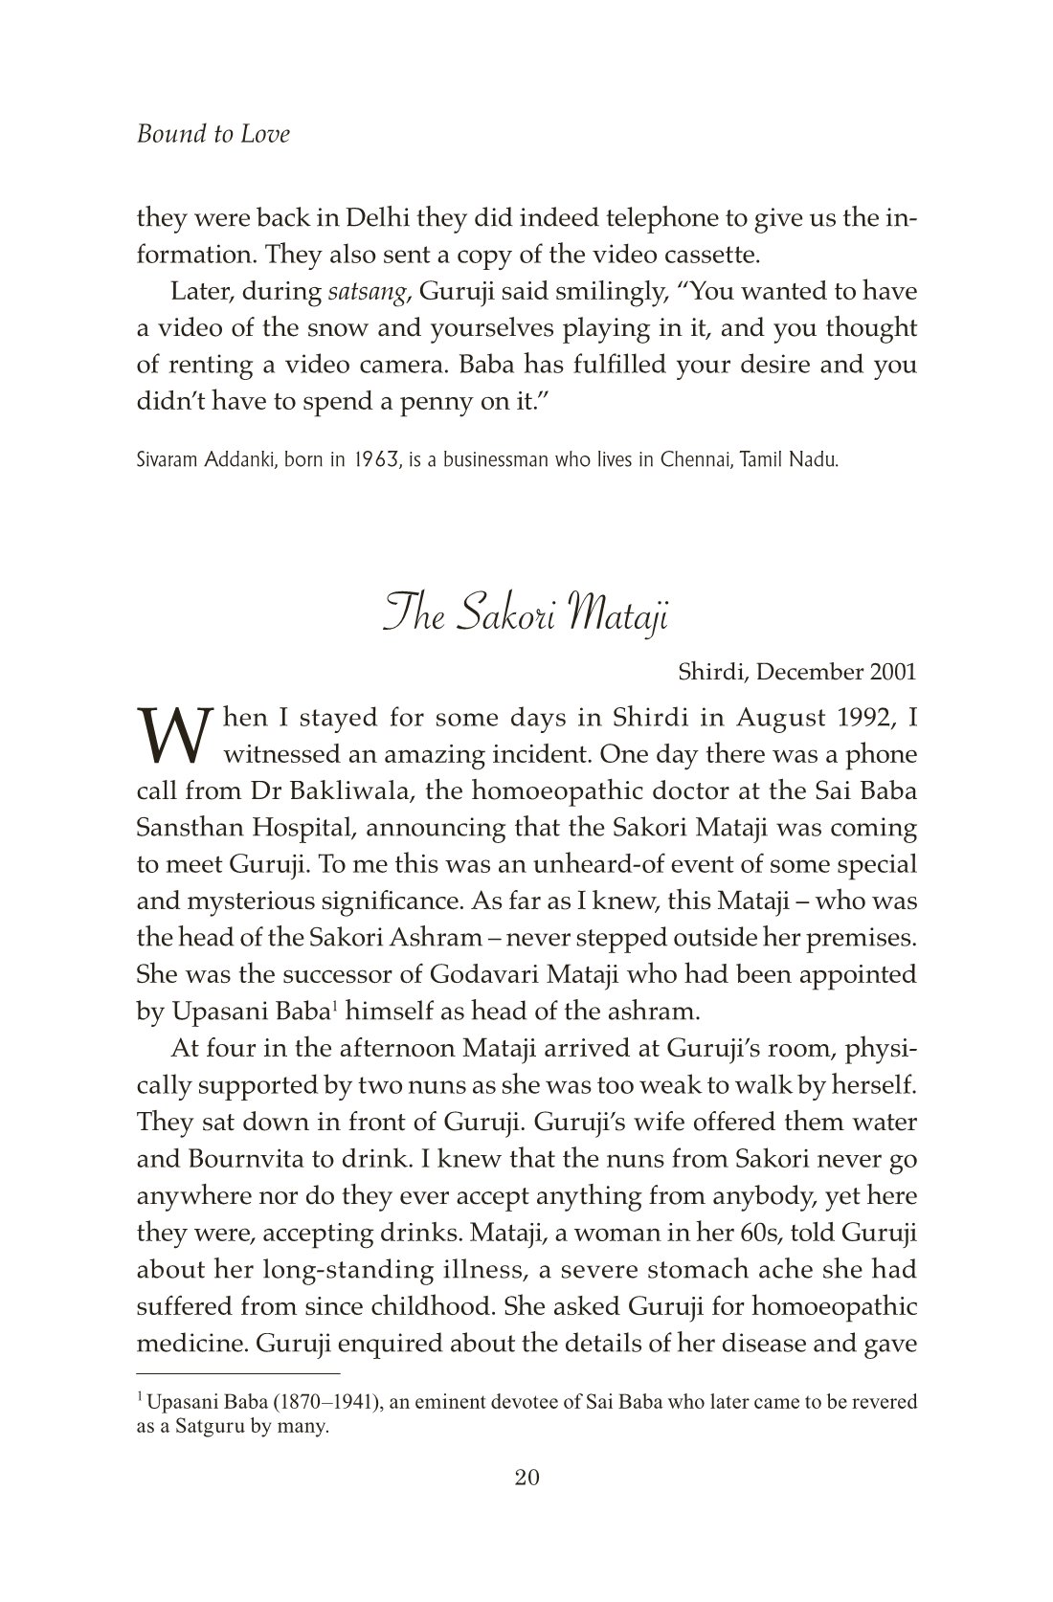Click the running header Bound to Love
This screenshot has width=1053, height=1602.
(213, 134)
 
